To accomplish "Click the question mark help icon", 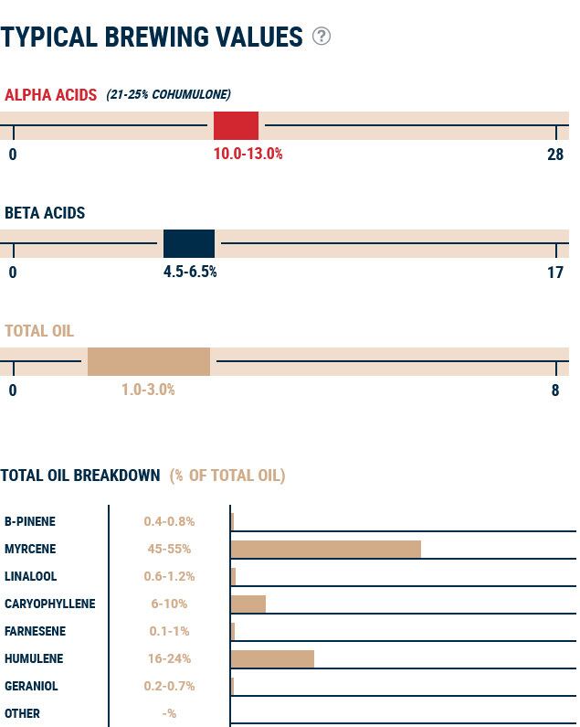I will [322, 37].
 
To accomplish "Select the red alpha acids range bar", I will [236, 125].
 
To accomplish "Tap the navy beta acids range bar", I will [189, 244].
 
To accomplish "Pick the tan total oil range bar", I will [149, 362].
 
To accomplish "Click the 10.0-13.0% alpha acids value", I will [248, 154].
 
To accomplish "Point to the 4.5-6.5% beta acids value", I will [190, 272].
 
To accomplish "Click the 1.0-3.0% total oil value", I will [148, 390].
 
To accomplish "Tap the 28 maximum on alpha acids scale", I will [555, 154].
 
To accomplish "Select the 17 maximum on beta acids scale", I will [555, 272].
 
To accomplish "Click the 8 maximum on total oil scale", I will [555, 390].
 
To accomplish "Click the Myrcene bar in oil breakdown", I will [326, 549].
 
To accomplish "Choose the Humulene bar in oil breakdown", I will [272, 658].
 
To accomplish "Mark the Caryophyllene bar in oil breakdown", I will [248, 604].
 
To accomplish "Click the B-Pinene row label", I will [30, 521].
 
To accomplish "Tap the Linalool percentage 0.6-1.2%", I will [169, 576].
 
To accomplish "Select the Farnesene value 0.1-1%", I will [169, 631].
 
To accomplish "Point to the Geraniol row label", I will [30, 686].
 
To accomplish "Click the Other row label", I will [22, 713].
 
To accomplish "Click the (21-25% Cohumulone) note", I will [168, 94].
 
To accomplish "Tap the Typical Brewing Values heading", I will [152, 37].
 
